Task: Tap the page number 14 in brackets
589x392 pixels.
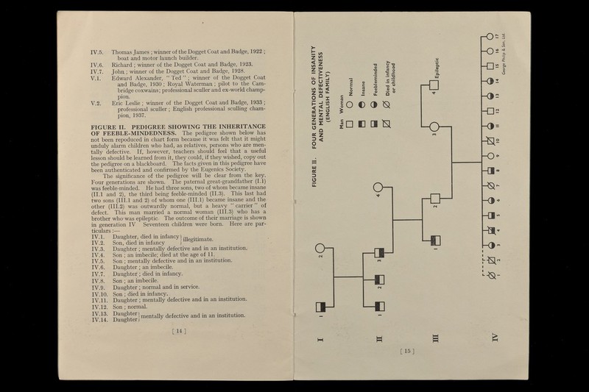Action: (177, 331)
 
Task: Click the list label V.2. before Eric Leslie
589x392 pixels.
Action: (96, 101)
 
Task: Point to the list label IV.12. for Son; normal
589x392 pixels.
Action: (98, 307)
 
